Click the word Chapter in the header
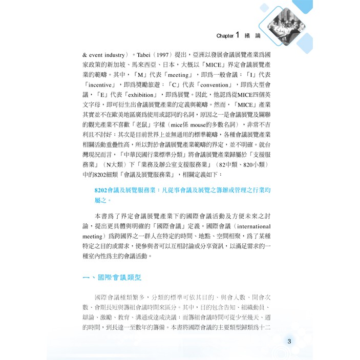[225, 36]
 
